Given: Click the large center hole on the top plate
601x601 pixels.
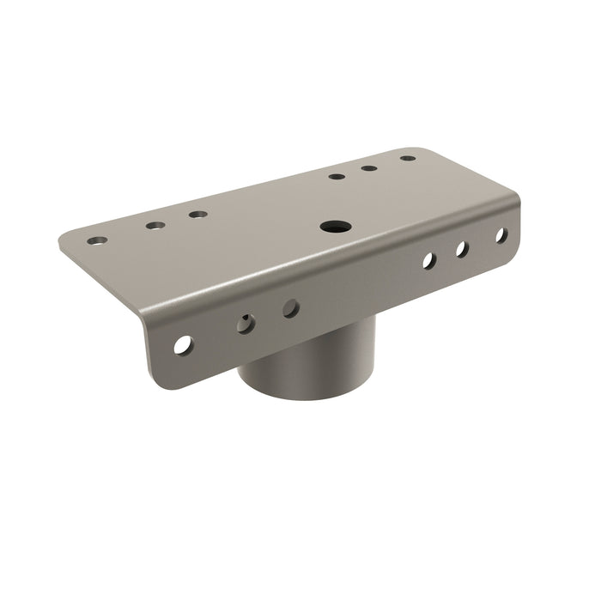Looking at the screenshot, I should [x=331, y=228].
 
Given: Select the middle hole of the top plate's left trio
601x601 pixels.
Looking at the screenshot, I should [x=155, y=226].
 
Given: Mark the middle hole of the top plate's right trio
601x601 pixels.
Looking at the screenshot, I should [x=369, y=167].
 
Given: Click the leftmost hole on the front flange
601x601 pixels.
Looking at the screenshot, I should [x=183, y=345].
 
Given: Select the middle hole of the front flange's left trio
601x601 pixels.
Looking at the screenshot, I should [x=246, y=323].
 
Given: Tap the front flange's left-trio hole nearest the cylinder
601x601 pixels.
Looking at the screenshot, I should [x=291, y=307].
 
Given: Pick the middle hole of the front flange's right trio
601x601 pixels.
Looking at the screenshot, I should [x=461, y=248].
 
